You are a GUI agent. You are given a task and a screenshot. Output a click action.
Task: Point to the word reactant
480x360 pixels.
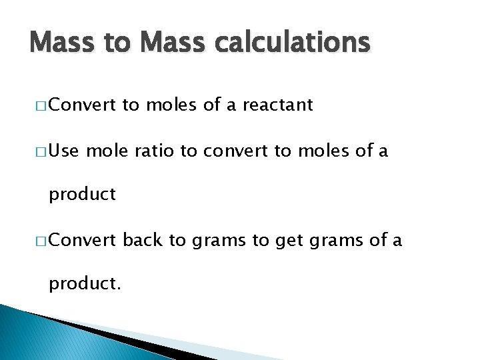pos(278,105)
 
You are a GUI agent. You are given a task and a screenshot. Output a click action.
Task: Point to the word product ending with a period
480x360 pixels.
pos(85,285)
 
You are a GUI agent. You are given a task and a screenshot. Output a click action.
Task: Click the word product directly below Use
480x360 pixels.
pos(83,195)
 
